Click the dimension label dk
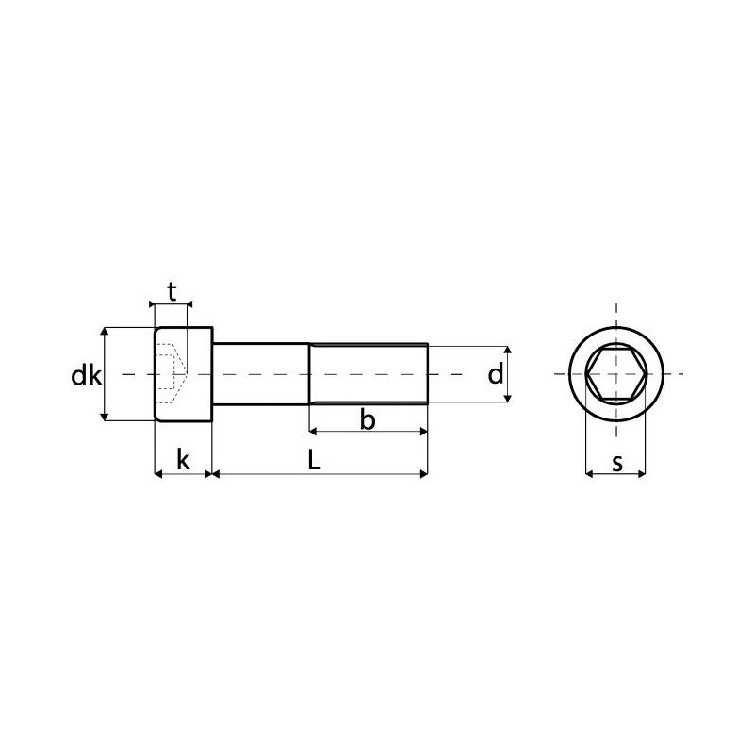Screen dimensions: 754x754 coord(86,376)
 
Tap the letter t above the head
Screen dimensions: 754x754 coord(172,292)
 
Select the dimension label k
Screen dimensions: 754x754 coord(183,461)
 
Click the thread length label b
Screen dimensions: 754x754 coord(369,420)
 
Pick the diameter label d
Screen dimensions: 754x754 coord(495,375)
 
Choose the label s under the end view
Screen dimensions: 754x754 coord(616,462)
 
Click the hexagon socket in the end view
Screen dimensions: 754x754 coord(616,374)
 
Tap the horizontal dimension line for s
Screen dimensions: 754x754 coord(616,474)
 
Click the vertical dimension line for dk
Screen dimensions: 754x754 coord(106,396)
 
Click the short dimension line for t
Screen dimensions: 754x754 coord(172,304)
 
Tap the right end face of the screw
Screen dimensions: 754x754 coord(429,374)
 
